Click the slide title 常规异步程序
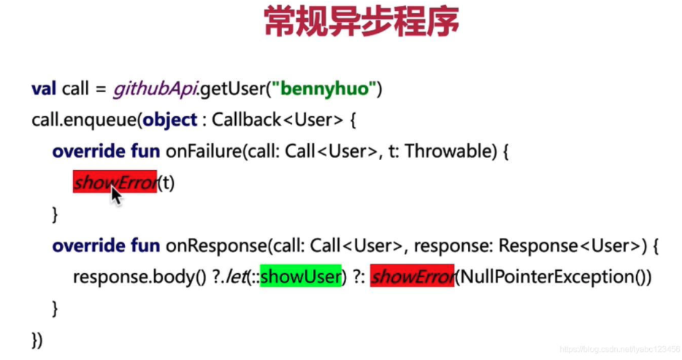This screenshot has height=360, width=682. [361, 21]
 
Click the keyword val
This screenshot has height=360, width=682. [44, 88]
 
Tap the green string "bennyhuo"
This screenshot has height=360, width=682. [324, 88]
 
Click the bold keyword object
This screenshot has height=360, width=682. [170, 120]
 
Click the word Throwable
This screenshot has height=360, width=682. [451, 151]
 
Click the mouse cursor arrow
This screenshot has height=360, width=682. [115, 194]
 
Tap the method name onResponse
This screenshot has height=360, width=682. [216, 246]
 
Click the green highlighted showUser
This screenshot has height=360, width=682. [301, 276]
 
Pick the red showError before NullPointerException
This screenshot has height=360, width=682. [412, 275]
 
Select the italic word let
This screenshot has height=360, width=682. [235, 277]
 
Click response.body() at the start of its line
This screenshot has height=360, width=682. [139, 277]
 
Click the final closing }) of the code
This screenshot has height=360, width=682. [37, 340]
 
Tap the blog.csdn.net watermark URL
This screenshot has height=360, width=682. [620, 349]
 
